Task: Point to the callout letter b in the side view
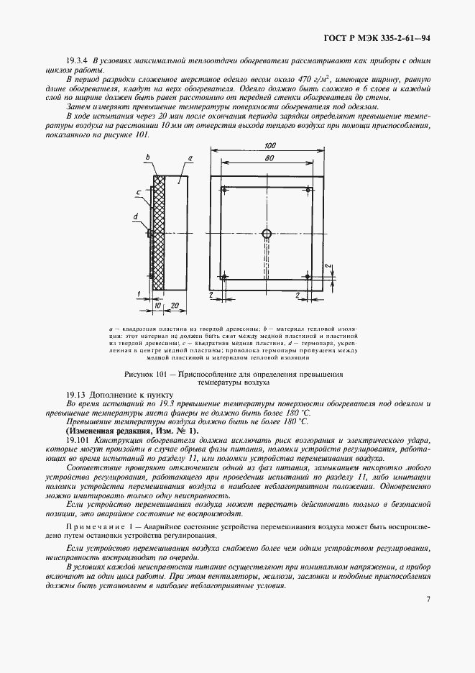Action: pos(147,157)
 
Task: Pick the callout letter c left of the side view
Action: pos(137,192)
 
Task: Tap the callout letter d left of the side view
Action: pos(136,215)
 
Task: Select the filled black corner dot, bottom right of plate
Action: pos(308,277)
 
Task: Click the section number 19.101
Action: pos(78,439)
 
